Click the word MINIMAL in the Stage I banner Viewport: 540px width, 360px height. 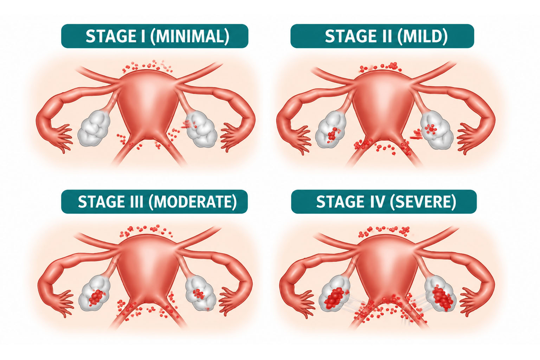click(189, 36)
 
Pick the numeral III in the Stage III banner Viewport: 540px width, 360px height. click(137, 201)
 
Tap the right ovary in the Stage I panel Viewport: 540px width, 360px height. click(201, 129)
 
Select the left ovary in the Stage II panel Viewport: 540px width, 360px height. click(331, 129)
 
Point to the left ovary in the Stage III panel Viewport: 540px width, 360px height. click(94, 295)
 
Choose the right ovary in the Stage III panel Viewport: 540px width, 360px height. click(201, 293)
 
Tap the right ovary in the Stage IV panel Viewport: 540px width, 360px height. click(440, 297)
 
